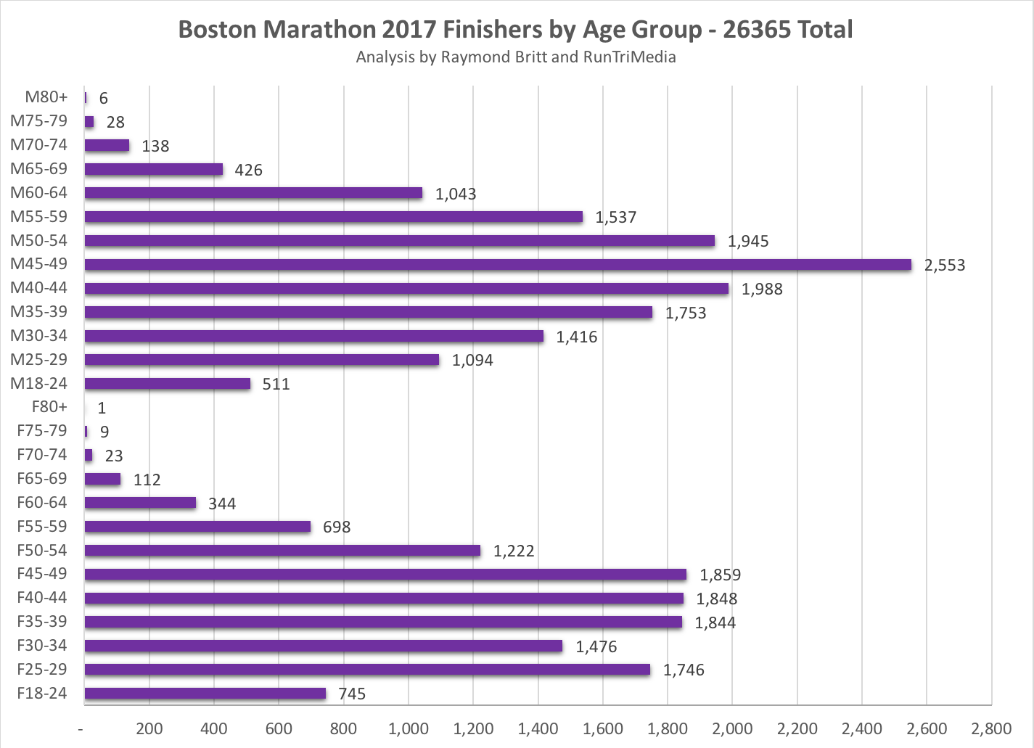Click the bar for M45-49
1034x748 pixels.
[498, 265]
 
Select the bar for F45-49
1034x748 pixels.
[385, 575]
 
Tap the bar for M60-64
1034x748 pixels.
[253, 193]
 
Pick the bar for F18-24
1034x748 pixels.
[205, 694]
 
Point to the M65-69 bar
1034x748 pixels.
[154, 169]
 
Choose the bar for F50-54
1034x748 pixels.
[282, 551]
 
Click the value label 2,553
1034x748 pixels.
[944, 266]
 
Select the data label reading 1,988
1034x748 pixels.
[761, 289]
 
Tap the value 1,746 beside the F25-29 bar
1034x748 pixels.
[683, 670]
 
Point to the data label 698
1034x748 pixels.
[337, 527]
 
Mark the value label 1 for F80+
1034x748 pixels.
[102, 408]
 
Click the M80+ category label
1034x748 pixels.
[46, 97]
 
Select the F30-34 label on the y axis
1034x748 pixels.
[42, 646]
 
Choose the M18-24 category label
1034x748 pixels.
[38, 384]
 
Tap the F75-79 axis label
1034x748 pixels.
[42, 431]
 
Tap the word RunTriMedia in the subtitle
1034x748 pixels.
[629, 57]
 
